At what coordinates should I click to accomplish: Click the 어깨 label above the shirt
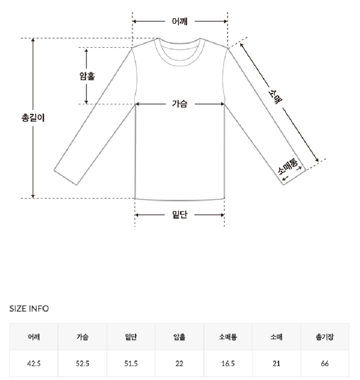(x=179, y=21)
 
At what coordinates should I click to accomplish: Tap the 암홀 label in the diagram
(x=87, y=76)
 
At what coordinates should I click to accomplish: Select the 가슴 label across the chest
(x=179, y=104)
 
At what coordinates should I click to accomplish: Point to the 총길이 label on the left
(x=33, y=118)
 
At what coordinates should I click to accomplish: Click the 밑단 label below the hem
(x=179, y=215)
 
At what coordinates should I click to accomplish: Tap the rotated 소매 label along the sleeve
(x=275, y=96)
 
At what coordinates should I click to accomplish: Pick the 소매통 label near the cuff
(x=288, y=166)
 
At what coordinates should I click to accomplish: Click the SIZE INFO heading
(x=29, y=308)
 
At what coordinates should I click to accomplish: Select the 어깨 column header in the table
(x=34, y=337)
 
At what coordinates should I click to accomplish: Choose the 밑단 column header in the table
(x=131, y=337)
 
